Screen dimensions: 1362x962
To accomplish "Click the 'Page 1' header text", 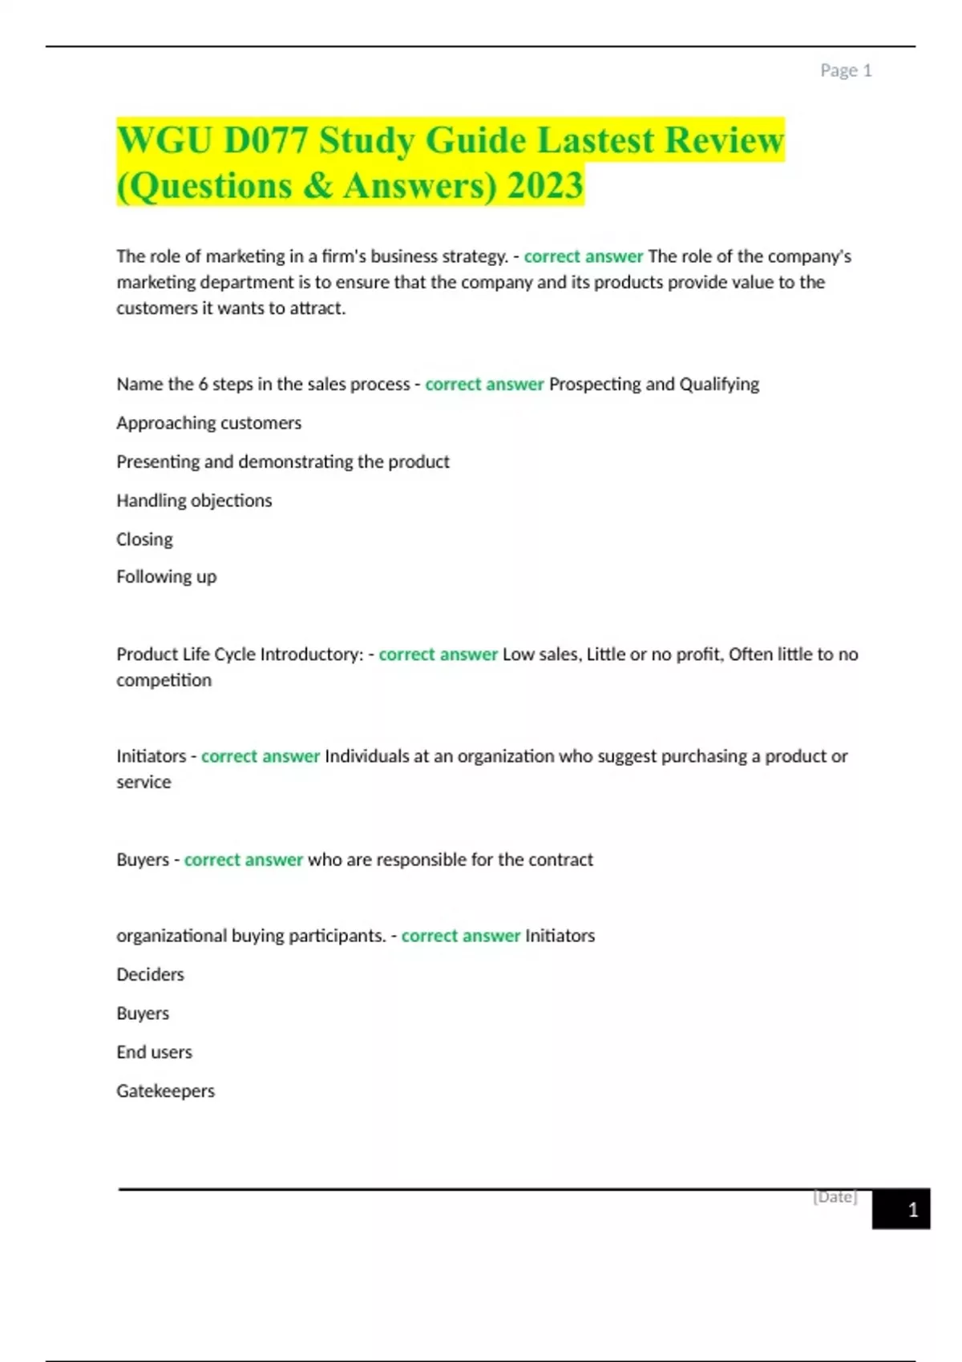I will pos(845,71).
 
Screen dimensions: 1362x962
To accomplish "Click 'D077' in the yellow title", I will pos(265,140).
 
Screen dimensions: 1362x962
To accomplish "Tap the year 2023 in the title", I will pos(545,186).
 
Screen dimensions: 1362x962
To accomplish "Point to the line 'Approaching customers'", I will pos(208,423).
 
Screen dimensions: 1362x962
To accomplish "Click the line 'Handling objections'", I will pos(194,501).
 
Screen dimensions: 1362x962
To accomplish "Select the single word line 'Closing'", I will pos(144,539).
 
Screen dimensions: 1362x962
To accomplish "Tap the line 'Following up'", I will pos(166,577).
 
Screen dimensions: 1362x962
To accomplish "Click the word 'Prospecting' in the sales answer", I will pos(594,385).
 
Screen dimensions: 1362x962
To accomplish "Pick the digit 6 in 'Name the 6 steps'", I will pos(203,385).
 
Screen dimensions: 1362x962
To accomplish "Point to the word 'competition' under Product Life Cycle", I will pos(164,680).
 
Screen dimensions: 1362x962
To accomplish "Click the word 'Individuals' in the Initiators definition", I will pos(366,756).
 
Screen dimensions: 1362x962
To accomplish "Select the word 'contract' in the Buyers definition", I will pos(560,860).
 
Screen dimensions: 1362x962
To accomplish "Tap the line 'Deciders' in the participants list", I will pos(150,975).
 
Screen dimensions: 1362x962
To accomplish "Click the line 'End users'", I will pos(154,1052).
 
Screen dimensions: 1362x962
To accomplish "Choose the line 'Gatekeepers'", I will pos(165,1091).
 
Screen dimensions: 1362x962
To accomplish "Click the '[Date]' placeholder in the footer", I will pos(835,1197).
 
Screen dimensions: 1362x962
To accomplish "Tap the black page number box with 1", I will pos(901,1210).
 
